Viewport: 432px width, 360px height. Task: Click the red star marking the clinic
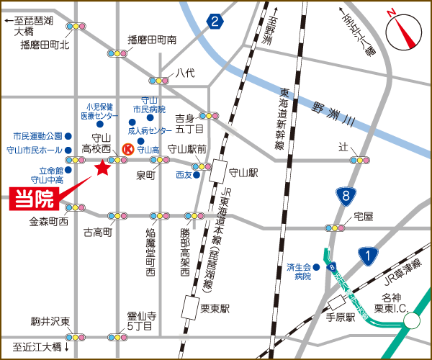click(102, 168)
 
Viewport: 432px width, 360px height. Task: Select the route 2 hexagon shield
click(215, 22)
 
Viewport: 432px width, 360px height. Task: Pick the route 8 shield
click(347, 194)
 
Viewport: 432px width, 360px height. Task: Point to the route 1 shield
click(369, 255)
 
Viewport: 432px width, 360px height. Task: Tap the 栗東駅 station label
click(215, 307)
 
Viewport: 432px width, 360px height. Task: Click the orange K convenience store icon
click(127, 149)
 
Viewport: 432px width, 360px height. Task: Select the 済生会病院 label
click(299, 271)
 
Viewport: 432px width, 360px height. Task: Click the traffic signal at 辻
click(359, 159)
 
